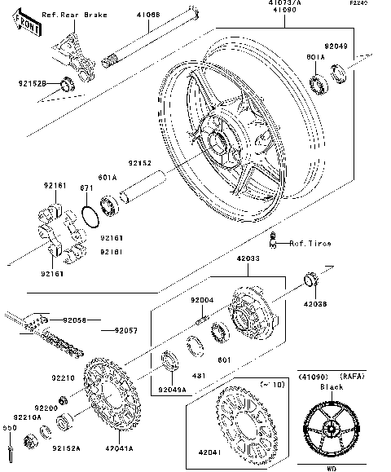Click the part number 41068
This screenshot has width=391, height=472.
pos(148,15)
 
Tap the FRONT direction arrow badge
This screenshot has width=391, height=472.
pos(28,24)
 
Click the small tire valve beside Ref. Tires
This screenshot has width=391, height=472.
pos(275,238)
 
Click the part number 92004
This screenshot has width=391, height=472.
pos(202,299)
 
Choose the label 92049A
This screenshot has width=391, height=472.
pos(173,390)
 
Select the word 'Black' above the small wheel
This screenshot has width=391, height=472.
pos(332,387)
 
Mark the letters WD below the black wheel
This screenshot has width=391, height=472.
pos(332,469)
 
